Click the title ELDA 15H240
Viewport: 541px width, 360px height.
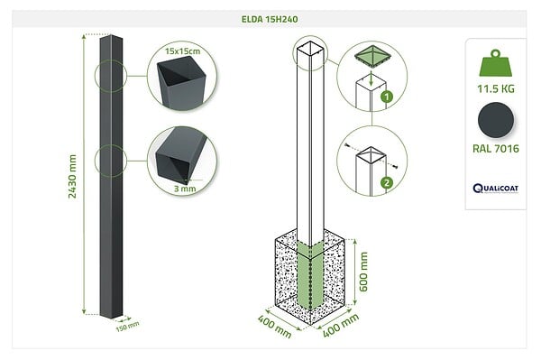point(270,19)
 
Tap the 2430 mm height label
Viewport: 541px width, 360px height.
point(72,176)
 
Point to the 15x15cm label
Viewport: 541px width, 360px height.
point(182,51)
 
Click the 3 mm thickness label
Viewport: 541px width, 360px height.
point(185,189)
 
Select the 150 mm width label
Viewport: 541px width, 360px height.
point(127,327)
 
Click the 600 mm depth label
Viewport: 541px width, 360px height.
point(363,272)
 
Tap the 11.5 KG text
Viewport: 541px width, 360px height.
point(496,89)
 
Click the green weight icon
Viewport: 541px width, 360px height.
point(496,63)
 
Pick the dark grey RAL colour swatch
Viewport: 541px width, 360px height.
point(496,120)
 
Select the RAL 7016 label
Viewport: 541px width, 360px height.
point(496,149)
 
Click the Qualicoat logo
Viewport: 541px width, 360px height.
point(496,189)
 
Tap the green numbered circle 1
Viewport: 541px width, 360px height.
point(387,97)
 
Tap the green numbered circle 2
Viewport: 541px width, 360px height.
point(387,182)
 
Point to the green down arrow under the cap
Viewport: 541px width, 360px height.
point(371,78)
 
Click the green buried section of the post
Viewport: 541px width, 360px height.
point(310,275)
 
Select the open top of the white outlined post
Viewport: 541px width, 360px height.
point(310,49)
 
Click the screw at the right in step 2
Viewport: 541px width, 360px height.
point(395,167)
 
